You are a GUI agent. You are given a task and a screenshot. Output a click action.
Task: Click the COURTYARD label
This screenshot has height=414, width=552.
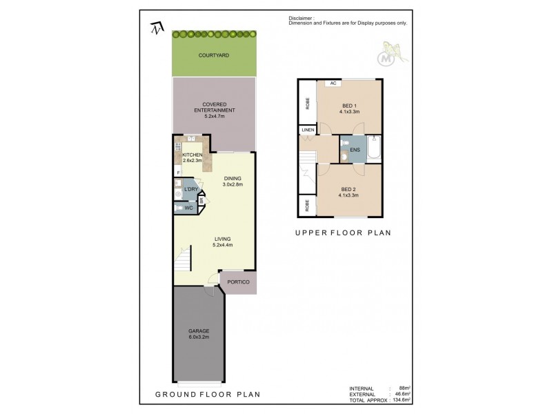coord(213,55)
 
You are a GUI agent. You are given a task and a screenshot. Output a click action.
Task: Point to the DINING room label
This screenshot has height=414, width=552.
coord(233,179)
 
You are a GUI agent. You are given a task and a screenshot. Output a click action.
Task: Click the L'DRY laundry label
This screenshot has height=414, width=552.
coord(190,190)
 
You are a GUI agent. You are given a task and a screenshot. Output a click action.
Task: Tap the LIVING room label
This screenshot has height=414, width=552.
coord(222,239)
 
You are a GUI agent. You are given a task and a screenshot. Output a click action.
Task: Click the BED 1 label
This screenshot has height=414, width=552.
coord(350,105)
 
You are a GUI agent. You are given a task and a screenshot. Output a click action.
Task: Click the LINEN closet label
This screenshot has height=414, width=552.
coord(307,129)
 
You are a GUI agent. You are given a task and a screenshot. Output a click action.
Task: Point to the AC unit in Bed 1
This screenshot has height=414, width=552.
coord(333,83)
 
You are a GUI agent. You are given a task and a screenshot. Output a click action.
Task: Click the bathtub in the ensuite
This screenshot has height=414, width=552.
coord(375,148)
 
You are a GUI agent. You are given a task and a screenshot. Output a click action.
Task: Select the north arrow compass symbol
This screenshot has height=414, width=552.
coord(157,28)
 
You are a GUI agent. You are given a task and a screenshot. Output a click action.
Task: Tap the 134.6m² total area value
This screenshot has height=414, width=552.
coord(400,400)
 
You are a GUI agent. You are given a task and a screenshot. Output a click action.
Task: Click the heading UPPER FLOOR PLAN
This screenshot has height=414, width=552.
coord(343,233)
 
